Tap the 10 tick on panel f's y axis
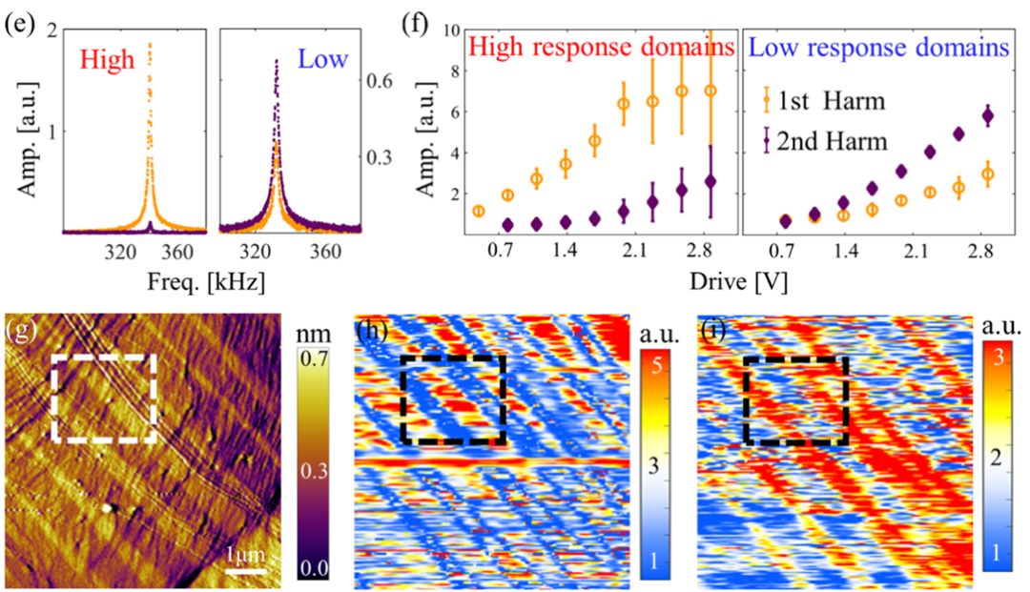[x=455, y=31]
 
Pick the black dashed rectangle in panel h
[x=453, y=399]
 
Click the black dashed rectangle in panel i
[x=795, y=400]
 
